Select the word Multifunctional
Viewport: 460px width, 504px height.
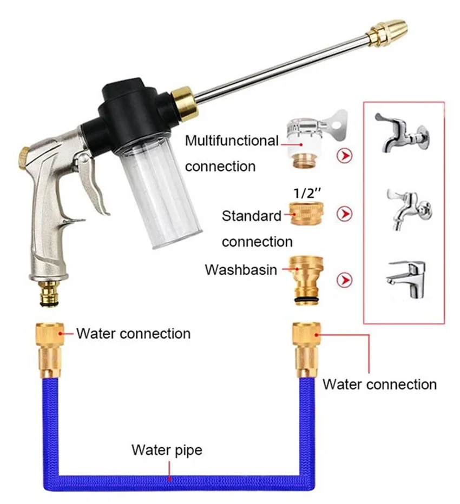[232, 141]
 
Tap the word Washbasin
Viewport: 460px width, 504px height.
[241, 269]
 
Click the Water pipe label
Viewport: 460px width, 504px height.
[167, 449]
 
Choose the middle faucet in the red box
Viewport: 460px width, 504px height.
[409, 208]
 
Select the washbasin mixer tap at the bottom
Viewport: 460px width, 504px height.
[406, 278]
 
